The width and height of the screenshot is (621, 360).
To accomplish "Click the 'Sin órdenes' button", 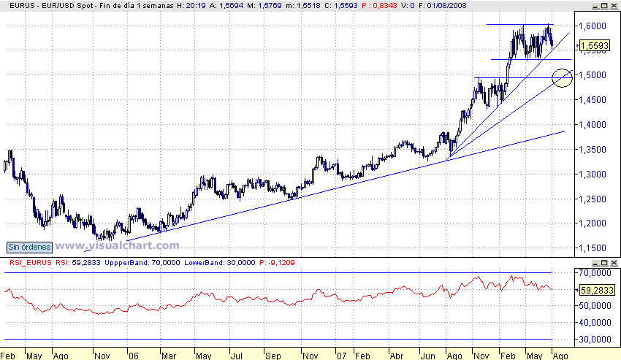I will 28,246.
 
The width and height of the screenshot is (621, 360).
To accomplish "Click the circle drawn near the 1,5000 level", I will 562,77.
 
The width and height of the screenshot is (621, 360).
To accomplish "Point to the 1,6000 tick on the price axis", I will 594,26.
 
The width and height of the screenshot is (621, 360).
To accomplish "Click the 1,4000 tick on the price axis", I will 594,125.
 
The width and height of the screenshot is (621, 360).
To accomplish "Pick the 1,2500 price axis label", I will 594,199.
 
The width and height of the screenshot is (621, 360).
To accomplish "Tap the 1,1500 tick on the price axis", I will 594,248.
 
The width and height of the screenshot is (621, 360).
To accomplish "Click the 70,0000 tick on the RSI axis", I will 595,272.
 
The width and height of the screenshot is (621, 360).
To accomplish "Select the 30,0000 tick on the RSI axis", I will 595,339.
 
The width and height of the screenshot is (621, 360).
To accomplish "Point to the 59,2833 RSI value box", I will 595,290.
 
